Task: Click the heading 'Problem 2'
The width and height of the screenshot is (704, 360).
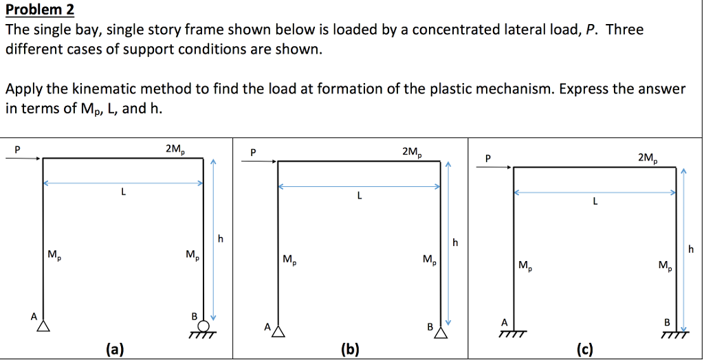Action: (39, 10)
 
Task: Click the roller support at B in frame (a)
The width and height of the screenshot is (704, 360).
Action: (203, 328)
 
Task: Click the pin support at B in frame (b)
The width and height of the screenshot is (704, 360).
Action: (441, 333)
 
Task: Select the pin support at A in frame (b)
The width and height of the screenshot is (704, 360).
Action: (278, 333)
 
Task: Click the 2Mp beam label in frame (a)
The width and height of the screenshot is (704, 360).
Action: (175, 148)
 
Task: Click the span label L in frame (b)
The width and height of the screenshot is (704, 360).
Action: (359, 196)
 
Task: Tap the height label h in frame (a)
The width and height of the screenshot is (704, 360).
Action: (220, 238)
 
